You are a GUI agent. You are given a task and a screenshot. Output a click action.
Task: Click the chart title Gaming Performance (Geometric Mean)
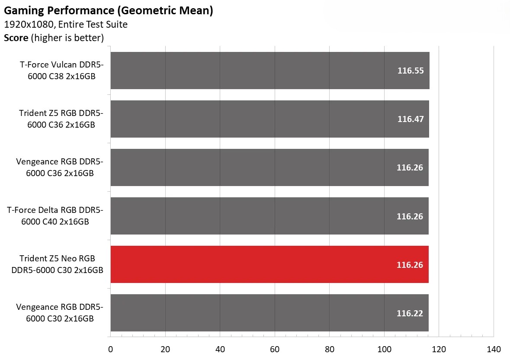tap(108, 10)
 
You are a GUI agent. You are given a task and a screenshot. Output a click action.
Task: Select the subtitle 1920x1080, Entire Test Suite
tap(66, 25)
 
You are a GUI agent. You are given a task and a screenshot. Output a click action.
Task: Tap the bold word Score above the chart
tap(16, 38)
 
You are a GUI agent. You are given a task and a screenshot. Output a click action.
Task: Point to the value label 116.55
tap(411, 71)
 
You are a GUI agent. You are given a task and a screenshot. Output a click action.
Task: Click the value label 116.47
tap(411, 119)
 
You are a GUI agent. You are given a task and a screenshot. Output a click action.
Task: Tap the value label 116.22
tap(410, 313)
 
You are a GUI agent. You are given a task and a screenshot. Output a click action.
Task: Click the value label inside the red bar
tap(410, 264)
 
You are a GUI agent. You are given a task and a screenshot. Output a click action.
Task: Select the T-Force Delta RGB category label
tap(55, 216)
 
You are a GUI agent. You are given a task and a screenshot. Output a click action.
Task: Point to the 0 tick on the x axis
tap(110, 349)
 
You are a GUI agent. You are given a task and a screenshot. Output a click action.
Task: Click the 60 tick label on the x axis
tap(275, 349)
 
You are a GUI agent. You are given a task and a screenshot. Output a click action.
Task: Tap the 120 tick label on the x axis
tap(439, 349)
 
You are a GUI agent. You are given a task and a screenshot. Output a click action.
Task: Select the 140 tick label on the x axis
tap(494, 349)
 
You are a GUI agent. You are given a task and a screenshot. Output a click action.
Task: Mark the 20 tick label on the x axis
tap(165, 349)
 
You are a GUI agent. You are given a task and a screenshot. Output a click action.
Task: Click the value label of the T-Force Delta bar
tap(410, 216)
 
